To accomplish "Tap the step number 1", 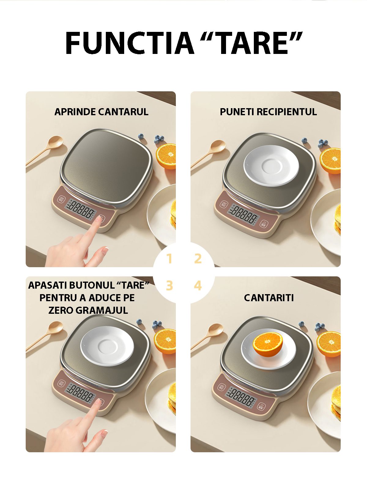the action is (x=169, y=259).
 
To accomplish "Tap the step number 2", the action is (x=198, y=259).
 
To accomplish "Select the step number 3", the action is (x=169, y=286).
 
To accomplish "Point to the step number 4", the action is (x=198, y=286).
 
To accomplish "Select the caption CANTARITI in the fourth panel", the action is (x=269, y=298).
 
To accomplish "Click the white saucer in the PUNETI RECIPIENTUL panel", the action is (x=271, y=165).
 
